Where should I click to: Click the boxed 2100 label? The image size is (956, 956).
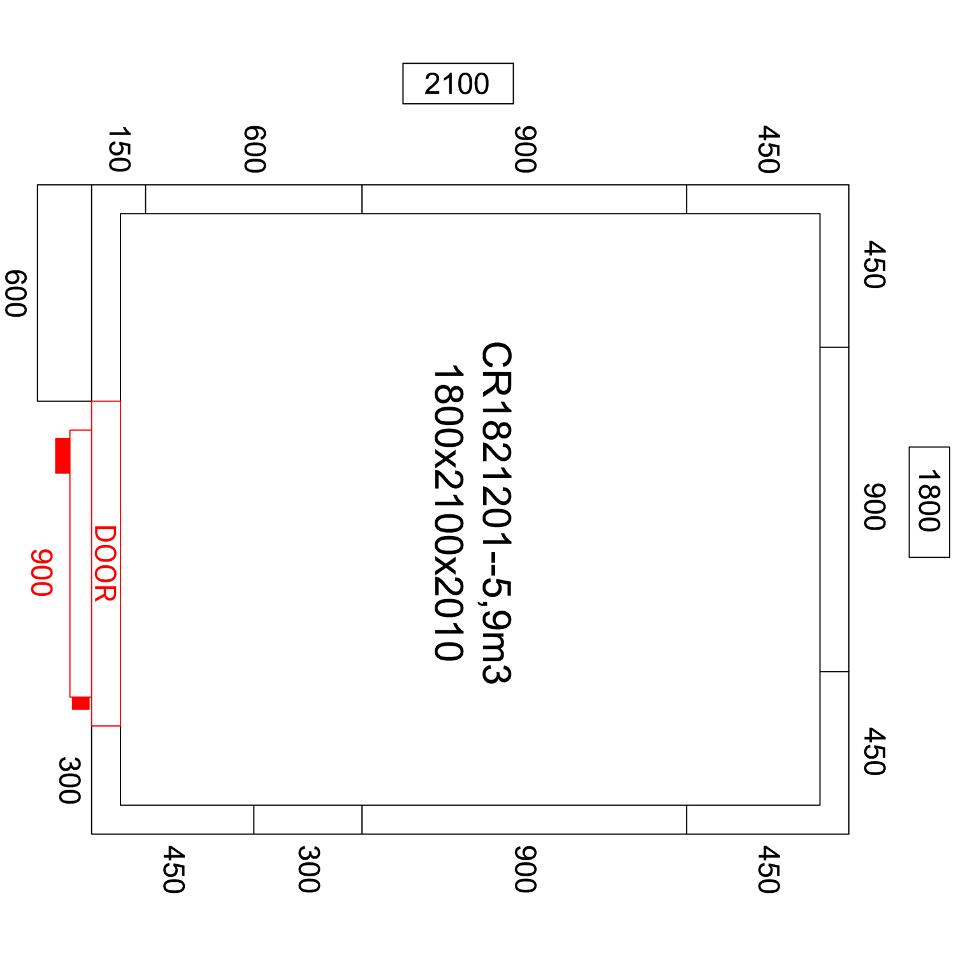pos(458,83)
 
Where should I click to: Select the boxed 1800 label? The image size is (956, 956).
pos(929,502)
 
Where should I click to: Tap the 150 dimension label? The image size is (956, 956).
pos(119,150)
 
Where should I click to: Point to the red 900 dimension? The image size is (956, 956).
pos(41,573)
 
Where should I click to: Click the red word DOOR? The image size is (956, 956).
pos(105,563)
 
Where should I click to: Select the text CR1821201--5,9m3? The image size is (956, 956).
pos(496,512)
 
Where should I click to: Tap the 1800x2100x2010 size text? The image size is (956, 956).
pos(448,512)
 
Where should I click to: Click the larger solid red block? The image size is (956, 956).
pos(62,456)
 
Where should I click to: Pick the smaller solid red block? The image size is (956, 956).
pos(81,703)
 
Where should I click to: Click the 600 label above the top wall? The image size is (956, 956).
pos(254,150)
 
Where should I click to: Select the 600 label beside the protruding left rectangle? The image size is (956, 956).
pos(16,294)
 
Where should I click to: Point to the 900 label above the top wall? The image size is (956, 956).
pos(525,150)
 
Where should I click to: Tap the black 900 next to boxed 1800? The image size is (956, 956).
pos(874,507)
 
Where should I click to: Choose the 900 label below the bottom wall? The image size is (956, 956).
pos(525,869)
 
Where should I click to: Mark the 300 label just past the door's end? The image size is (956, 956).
pos(69,781)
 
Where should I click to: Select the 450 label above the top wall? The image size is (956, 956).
pos(769,150)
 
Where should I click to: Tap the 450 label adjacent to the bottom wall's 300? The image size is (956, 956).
pos(173,869)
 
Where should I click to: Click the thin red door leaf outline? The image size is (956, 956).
pos(70,563)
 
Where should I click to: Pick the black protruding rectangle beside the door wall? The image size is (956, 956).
pos(38,293)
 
